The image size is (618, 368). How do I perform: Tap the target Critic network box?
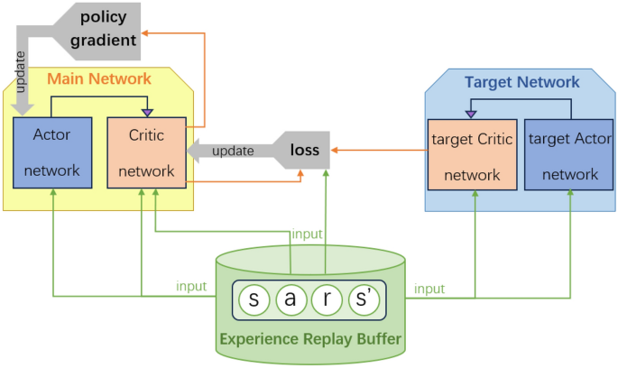point(471,155)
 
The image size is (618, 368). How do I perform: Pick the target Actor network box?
point(569,155)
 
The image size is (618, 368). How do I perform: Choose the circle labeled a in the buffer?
point(290,300)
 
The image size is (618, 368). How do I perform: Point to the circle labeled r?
point(327,300)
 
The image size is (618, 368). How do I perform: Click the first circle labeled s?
point(254,300)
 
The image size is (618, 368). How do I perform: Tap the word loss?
point(304,150)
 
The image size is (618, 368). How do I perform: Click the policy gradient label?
point(108,29)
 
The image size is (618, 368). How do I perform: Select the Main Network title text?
point(99,79)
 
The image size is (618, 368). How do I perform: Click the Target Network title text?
point(521,82)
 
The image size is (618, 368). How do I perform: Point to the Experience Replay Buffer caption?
point(309,340)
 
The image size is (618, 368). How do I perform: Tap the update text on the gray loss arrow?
point(233,151)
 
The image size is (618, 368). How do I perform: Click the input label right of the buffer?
point(429,289)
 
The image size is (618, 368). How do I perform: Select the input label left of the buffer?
point(190,286)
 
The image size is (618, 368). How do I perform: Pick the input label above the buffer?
point(307,234)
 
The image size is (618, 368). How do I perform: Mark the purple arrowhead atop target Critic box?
point(469,115)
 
